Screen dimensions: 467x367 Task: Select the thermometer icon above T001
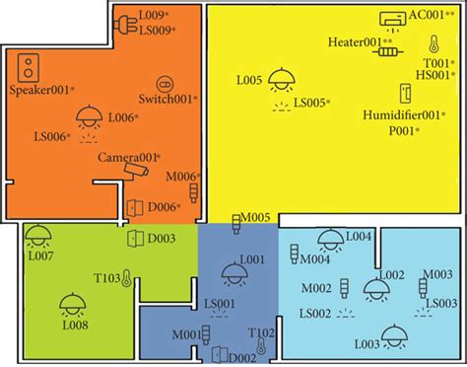point(433,44)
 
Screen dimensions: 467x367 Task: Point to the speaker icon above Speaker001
point(32,67)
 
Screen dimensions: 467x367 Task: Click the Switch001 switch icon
point(164,85)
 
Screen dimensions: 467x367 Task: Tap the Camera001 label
point(127,158)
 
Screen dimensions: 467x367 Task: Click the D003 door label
point(162,238)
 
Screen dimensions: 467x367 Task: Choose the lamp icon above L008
point(71,303)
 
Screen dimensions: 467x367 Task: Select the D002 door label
point(241,355)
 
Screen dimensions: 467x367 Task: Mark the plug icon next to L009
point(125,23)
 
